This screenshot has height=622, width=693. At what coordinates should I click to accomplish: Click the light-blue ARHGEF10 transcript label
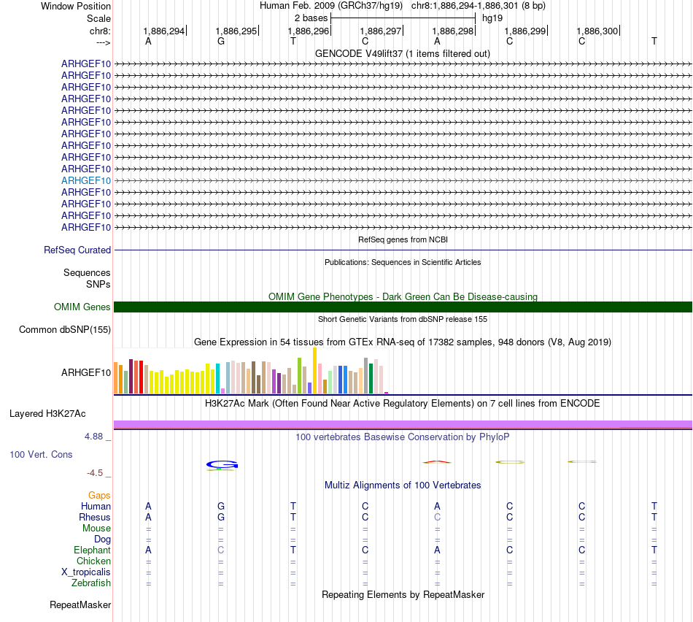click(86, 180)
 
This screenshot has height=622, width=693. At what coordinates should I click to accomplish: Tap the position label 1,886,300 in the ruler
click(597, 31)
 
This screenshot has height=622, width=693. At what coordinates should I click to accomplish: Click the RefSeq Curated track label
click(77, 250)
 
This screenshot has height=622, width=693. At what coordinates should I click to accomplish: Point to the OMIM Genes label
click(82, 307)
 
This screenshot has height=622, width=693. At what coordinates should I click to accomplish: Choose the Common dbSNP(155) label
click(65, 329)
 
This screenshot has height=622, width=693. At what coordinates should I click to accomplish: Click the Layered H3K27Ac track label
click(47, 413)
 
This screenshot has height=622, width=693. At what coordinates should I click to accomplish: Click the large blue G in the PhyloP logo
click(222, 464)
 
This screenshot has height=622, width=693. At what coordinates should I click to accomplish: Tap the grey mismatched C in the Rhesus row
click(437, 517)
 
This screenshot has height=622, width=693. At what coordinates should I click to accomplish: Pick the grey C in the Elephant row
click(221, 550)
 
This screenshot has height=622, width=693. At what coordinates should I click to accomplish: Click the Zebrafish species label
click(91, 583)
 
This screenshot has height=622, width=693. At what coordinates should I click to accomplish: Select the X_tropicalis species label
click(86, 572)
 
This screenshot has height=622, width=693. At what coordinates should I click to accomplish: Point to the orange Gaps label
click(99, 495)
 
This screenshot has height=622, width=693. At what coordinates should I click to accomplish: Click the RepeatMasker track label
click(80, 604)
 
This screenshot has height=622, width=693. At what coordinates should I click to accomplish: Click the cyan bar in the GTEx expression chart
click(218, 378)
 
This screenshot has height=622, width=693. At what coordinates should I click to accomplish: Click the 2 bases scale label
click(311, 18)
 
